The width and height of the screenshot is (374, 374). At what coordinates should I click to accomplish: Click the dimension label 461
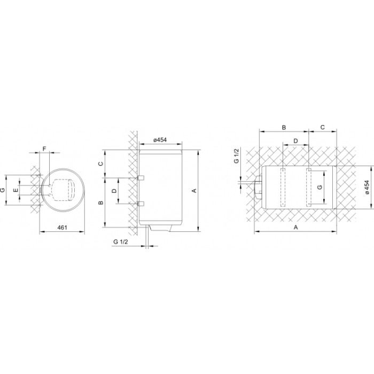[x=63, y=228]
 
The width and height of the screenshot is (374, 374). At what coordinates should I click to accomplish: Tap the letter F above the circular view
[x=44, y=149]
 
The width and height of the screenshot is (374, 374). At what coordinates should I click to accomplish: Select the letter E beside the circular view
[x=15, y=190]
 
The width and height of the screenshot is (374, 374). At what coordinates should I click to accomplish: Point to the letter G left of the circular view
[x=3, y=190]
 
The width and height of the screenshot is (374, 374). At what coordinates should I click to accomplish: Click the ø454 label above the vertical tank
[x=160, y=140]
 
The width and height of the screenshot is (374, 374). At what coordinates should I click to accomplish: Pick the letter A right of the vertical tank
[x=194, y=191]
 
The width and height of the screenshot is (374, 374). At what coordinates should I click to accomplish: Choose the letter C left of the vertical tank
[x=101, y=163]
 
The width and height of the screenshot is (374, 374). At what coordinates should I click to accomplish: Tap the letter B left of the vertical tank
[x=101, y=202]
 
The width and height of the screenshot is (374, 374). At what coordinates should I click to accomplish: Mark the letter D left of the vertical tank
[x=114, y=191]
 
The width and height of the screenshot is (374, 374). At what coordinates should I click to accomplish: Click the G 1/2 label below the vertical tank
[x=121, y=241]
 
